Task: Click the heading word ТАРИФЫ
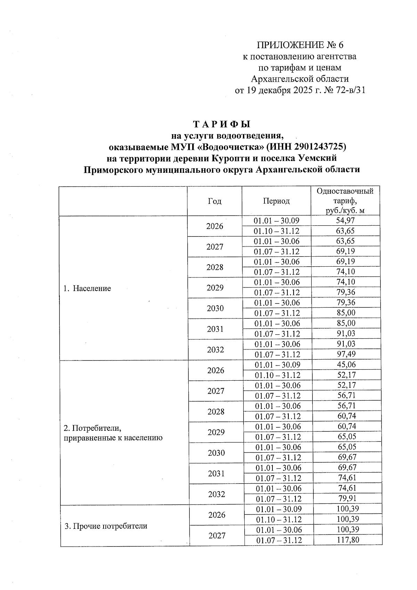point(221,124)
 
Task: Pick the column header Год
point(214,201)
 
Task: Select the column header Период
point(276,201)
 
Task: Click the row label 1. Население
point(87,288)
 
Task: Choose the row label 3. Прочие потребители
point(106,526)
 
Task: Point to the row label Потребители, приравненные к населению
point(113,433)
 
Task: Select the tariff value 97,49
point(346,354)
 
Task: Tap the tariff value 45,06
point(346,364)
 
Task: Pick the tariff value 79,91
point(347,499)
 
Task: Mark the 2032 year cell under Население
point(215,349)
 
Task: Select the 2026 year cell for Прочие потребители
point(217,515)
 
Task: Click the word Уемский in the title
point(318,158)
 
